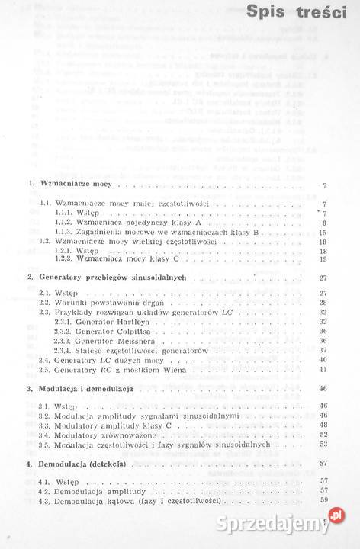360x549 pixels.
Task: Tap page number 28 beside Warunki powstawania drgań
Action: point(323,303)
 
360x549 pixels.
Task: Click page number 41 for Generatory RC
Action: point(323,369)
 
